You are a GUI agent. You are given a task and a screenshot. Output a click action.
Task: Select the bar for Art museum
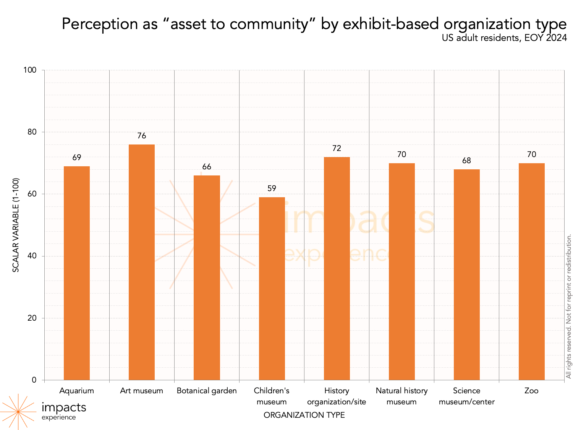(142, 262)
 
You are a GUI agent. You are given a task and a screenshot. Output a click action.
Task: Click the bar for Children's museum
(272, 289)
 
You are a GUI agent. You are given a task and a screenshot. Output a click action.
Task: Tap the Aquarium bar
(77, 273)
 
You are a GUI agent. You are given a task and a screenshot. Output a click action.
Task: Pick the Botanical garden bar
(207, 277)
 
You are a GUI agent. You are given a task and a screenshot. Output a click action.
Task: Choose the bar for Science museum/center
(466, 274)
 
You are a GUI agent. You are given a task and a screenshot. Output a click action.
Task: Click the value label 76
(142, 136)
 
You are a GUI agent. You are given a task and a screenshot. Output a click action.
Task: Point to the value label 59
(272, 188)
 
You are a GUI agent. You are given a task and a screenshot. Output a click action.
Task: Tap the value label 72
(337, 148)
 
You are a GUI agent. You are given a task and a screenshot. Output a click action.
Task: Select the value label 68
(466, 161)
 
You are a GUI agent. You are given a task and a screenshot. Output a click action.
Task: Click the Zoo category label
(531, 391)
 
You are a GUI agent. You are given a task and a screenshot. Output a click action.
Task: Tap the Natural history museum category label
(401, 396)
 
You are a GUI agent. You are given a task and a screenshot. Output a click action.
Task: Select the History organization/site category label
(337, 396)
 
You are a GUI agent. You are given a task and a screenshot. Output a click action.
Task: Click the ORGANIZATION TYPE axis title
(304, 415)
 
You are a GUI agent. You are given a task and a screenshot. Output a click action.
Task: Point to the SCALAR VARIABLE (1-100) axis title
(16, 225)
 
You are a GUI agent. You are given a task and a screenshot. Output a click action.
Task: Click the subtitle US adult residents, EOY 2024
(504, 38)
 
